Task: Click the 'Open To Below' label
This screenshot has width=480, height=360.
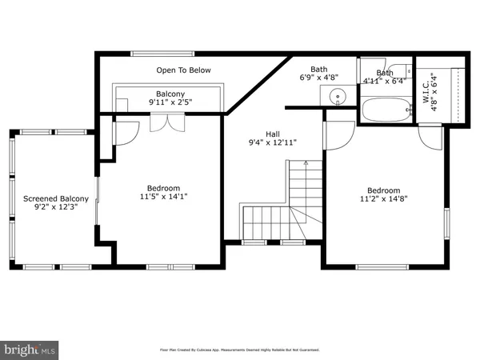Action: pyautogui.click(x=183, y=70)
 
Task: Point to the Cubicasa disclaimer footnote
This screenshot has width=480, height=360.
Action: pyautogui.click(x=239, y=350)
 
